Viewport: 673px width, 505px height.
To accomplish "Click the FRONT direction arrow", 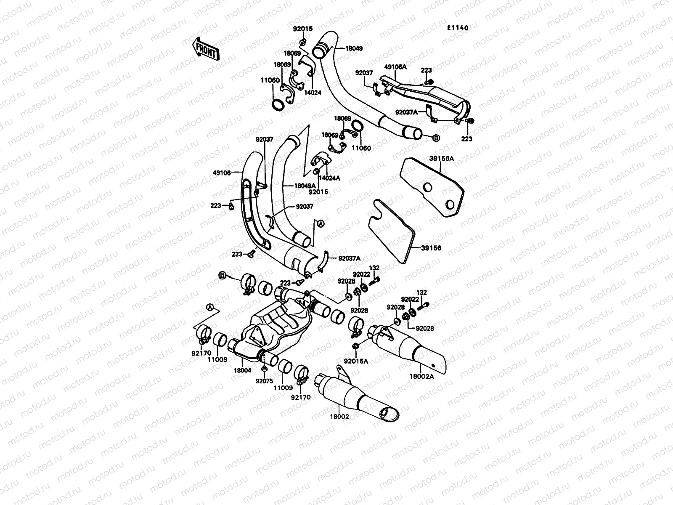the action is tap(206, 49).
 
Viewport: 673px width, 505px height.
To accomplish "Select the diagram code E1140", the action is tap(458, 28).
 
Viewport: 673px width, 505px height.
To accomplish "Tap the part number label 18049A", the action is tap(305, 186).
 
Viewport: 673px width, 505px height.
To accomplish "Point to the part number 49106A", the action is tap(395, 67).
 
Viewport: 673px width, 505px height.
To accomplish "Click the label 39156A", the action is tap(442, 159).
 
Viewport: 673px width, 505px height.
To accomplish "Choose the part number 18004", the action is tap(243, 370).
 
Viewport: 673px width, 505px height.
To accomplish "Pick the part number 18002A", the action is tap(422, 377).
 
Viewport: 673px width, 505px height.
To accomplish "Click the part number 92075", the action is tap(264, 381).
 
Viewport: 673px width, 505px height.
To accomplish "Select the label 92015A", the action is tap(356, 361).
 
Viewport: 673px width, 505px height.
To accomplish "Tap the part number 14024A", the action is tap(329, 178).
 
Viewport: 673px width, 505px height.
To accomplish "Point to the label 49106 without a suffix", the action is tap(222, 173).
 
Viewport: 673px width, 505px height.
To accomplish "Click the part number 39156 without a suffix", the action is tap(431, 248).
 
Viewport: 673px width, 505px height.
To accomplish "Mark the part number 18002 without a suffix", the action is tap(339, 417).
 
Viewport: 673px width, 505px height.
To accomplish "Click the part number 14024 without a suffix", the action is tap(313, 93).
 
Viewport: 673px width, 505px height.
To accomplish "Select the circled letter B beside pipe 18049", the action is tap(436, 138).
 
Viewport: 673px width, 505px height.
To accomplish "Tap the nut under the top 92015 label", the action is tap(302, 42).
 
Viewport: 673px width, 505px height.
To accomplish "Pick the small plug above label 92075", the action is tap(264, 368).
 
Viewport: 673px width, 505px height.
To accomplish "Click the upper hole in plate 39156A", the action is tap(427, 187).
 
